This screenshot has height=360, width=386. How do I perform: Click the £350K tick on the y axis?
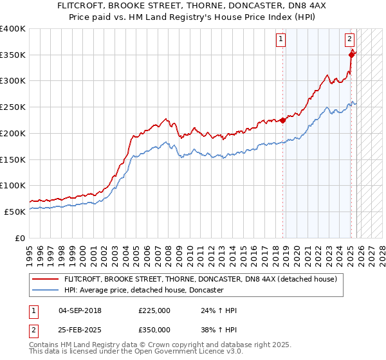pos(13,55)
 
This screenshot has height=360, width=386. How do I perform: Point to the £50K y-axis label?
pos(15,212)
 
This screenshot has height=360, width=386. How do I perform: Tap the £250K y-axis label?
pos(13,107)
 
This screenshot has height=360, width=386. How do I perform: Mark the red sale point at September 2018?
pos(282,120)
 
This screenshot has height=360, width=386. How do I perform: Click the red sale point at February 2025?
pos(351,55)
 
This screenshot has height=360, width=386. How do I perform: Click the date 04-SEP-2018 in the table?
pos(84,310)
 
